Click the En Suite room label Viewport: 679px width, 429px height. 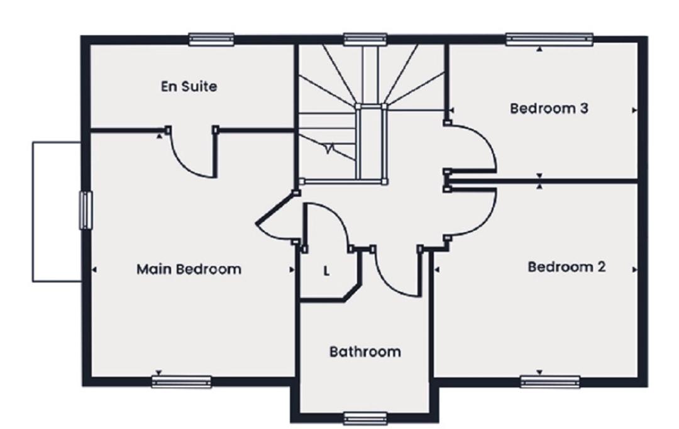click(x=189, y=86)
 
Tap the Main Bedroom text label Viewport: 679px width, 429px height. click(x=189, y=269)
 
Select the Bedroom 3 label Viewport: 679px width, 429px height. click(x=549, y=108)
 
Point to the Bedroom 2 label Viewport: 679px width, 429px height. click(x=566, y=267)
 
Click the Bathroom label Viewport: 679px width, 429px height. click(x=365, y=352)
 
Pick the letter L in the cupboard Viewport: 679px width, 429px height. click(x=326, y=272)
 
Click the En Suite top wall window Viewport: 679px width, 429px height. click(x=211, y=40)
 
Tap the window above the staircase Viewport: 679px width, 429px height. click(x=365, y=40)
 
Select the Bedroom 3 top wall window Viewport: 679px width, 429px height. click(x=549, y=40)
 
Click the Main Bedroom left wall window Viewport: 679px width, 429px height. click(x=86, y=210)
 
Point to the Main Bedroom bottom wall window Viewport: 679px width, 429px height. click(x=182, y=382)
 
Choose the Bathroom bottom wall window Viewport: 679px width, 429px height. click(x=365, y=418)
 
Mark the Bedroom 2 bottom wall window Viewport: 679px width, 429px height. click(x=550, y=382)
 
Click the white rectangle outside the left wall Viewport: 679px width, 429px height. click(x=57, y=212)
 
